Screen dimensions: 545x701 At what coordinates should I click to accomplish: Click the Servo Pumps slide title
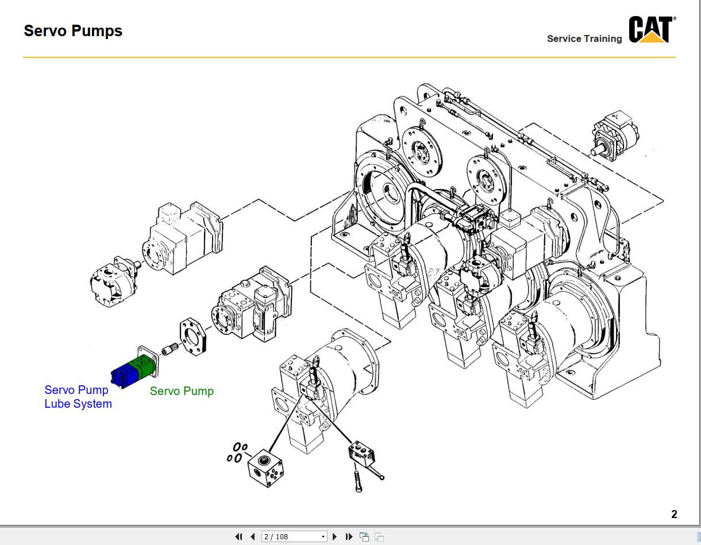click(x=73, y=31)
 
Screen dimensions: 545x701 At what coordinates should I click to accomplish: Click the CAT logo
click(x=651, y=30)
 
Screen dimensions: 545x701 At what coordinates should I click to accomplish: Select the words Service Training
click(x=584, y=38)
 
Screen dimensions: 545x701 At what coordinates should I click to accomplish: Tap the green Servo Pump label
click(x=182, y=391)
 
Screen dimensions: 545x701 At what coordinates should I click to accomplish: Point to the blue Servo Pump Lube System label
click(x=78, y=397)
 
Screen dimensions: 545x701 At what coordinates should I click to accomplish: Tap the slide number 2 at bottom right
click(x=674, y=515)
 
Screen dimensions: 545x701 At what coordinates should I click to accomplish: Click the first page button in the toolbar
click(x=238, y=536)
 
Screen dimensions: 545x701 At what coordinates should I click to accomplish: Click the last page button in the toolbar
click(x=349, y=536)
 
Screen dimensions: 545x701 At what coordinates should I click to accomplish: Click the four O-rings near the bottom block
click(x=237, y=452)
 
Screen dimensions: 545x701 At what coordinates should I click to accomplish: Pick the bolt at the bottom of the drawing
click(x=358, y=481)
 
